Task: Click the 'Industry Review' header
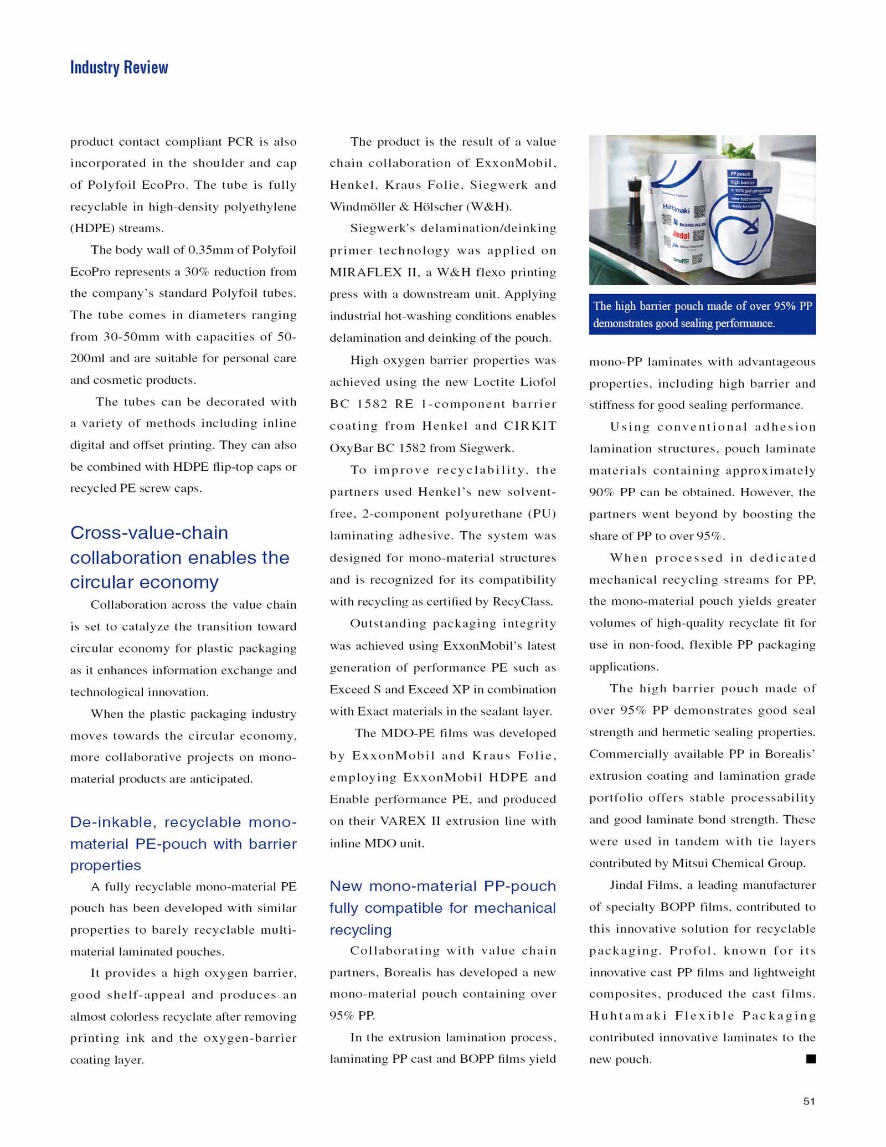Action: tap(119, 68)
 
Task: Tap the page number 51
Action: tap(809, 1101)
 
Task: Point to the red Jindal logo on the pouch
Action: tap(681, 235)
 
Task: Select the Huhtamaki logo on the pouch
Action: tap(676, 209)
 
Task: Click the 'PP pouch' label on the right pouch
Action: tap(740, 174)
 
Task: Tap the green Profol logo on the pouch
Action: tap(681, 260)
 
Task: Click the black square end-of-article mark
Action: tap(811, 1059)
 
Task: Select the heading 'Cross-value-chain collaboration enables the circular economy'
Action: tap(179, 557)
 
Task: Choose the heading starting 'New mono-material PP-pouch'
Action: tap(442, 908)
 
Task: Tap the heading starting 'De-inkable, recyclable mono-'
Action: tap(183, 843)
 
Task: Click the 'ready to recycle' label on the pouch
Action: tap(745, 206)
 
